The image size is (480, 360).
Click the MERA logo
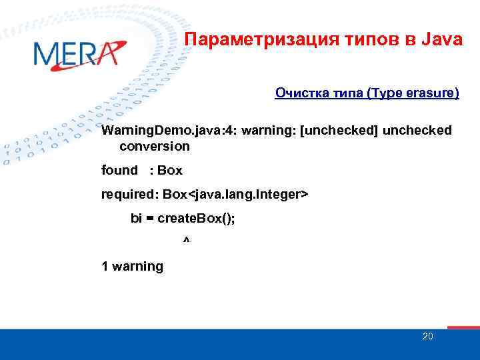click(x=79, y=54)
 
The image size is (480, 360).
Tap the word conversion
click(x=155, y=146)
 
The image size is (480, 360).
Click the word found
click(x=119, y=170)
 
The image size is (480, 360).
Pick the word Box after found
click(x=170, y=170)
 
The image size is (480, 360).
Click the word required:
click(x=125, y=194)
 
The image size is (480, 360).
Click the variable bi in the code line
click(x=137, y=218)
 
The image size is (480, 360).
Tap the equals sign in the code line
click(x=151, y=219)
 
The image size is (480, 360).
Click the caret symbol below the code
click(x=185, y=239)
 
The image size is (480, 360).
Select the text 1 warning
click(x=132, y=266)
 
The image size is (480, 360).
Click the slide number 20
click(x=427, y=336)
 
